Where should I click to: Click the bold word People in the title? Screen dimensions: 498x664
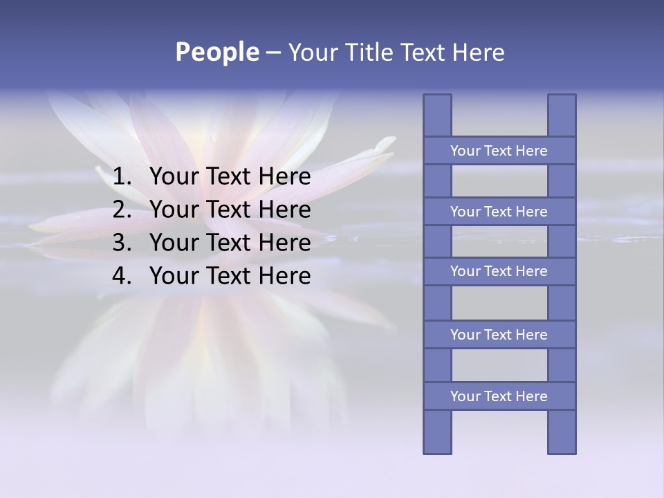pyautogui.click(x=217, y=52)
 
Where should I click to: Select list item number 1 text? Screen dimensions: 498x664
pyautogui.click(x=230, y=177)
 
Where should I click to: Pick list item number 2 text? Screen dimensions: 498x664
pyautogui.click(x=230, y=210)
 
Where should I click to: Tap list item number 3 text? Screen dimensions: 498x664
pyautogui.click(x=230, y=243)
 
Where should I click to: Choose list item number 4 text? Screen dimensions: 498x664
pyautogui.click(x=230, y=276)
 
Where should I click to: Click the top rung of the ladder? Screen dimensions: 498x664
pyautogui.click(x=499, y=151)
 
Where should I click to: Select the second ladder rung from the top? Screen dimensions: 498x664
pyautogui.click(x=499, y=212)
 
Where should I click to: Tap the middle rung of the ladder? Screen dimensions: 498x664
pyautogui.click(x=499, y=271)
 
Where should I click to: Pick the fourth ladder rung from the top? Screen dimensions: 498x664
pyautogui.click(x=499, y=335)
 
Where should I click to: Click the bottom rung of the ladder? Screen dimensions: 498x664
pyautogui.click(x=499, y=396)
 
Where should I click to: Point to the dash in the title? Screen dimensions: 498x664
pyautogui.click(x=273, y=53)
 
